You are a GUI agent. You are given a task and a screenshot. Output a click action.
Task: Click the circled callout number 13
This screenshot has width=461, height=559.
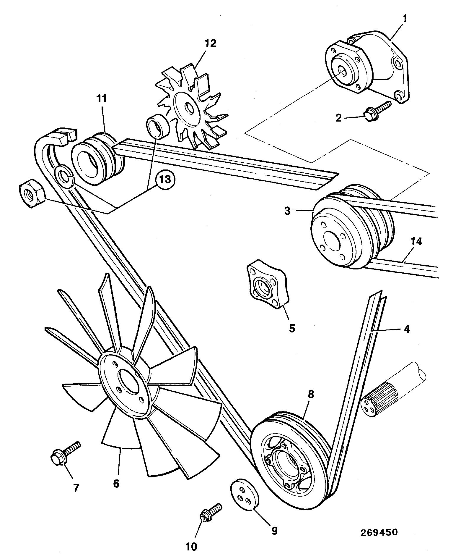click(x=165, y=179)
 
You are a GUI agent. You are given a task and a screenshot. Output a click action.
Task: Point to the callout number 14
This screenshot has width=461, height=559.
click(x=416, y=242)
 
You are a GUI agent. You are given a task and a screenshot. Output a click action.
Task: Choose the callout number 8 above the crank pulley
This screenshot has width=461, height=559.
click(x=311, y=395)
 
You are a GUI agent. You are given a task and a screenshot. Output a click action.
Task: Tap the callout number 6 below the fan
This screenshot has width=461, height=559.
click(x=116, y=484)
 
